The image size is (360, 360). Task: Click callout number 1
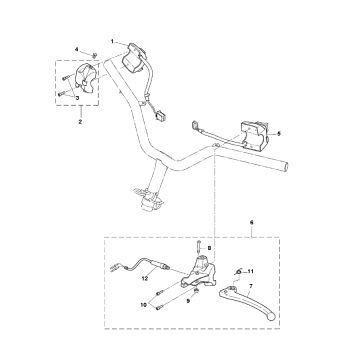112,42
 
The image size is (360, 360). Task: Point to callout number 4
75,50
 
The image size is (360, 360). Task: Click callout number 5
279,133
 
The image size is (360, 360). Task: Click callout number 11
252,271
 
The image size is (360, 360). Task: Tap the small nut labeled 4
91,53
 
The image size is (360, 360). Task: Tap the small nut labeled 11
238,273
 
